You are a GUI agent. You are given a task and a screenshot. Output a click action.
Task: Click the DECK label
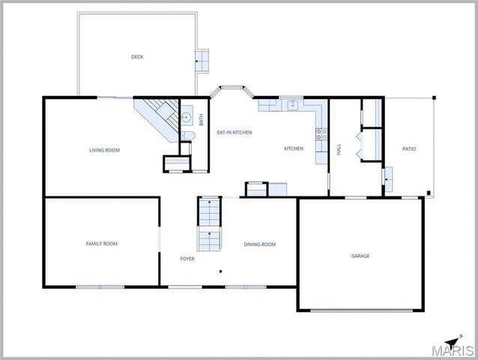137,56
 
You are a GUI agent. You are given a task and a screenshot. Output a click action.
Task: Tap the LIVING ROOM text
104,150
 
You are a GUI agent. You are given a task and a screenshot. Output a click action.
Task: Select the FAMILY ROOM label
101,243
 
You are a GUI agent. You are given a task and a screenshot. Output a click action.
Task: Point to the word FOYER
187,259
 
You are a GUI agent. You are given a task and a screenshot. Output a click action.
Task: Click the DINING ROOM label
259,244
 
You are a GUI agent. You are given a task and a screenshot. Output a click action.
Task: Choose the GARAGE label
360,256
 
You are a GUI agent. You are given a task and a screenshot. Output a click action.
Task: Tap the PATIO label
409,148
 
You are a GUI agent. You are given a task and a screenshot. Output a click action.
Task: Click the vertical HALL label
339,149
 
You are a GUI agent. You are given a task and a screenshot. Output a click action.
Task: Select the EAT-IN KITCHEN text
234,132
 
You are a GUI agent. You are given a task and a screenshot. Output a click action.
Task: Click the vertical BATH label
201,118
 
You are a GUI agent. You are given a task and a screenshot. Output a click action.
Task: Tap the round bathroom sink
187,118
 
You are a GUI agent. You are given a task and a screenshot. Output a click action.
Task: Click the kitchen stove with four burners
321,134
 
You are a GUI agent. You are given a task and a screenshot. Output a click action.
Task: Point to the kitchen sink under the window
292,106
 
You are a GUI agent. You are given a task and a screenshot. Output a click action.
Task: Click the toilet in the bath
187,136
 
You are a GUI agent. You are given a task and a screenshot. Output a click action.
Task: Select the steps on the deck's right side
202,61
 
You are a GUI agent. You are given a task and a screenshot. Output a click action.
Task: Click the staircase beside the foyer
209,224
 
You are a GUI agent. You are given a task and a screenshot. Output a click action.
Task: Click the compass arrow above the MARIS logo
452,342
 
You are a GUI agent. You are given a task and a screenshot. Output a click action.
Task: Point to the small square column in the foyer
220,271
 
